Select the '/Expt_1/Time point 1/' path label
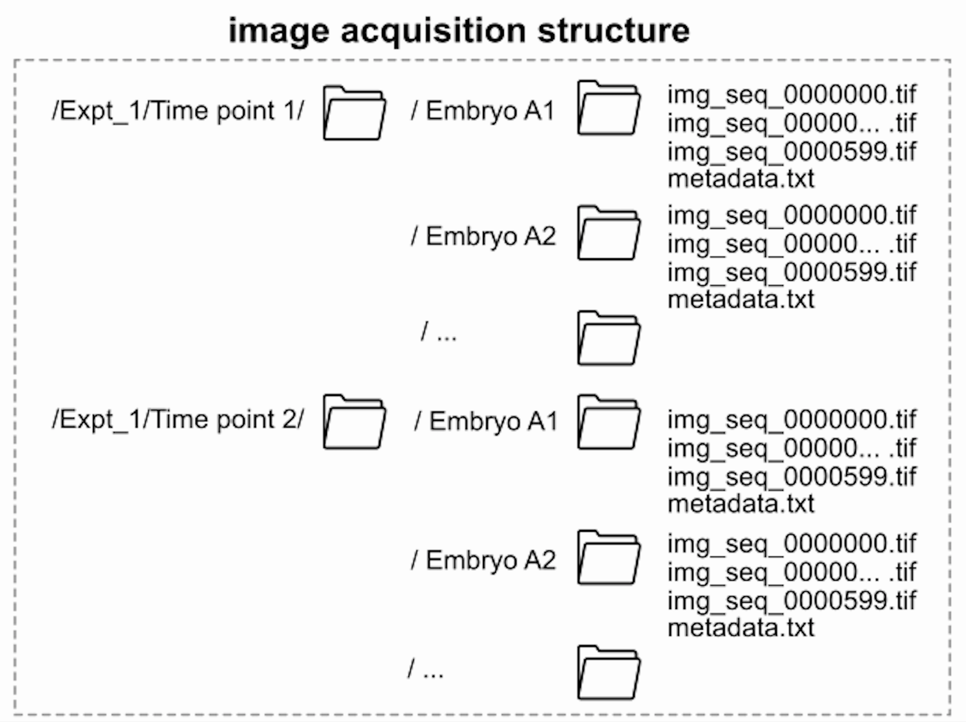pyautogui.click(x=178, y=111)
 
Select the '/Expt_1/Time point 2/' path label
pyautogui.click(x=178, y=420)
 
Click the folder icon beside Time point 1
pyautogui.click(x=354, y=114)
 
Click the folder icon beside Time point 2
pyautogui.click(x=354, y=422)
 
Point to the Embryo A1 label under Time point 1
pyautogui.click(x=483, y=111)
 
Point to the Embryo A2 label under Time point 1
pyautogui.click(x=483, y=236)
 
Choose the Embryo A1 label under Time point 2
pyautogui.click(x=485, y=422)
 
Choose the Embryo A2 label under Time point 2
pyautogui.click(x=483, y=560)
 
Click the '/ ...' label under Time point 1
pyautogui.click(x=439, y=332)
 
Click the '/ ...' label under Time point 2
pyautogui.click(x=426, y=669)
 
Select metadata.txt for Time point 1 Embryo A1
pyautogui.click(x=741, y=179)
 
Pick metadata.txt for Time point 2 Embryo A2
pyautogui.click(x=741, y=628)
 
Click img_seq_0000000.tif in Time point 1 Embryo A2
pyautogui.click(x=791, y=216)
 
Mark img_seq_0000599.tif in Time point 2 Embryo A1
pyautogui.click(x=791, y=477)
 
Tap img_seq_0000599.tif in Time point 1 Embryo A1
pyautogui.click(x=791, y=152)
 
